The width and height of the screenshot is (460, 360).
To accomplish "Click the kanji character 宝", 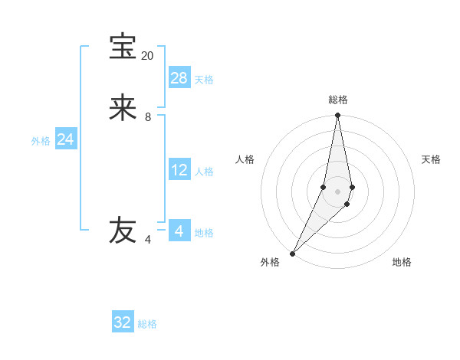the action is click(123, 47).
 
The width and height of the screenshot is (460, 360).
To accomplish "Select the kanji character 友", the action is click(123, 231).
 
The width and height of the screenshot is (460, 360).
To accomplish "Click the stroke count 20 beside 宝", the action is click(147, 56).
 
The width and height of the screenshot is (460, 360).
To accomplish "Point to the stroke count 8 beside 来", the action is click(148, 117).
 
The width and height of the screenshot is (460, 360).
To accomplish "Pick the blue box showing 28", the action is click(179, 78).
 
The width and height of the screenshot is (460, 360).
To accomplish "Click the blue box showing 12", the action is click(179, 170).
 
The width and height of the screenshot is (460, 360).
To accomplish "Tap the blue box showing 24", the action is click(65, 139).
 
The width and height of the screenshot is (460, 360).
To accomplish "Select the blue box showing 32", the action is click(123, 322).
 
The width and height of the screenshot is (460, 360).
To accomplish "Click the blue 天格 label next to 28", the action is click(204, 80).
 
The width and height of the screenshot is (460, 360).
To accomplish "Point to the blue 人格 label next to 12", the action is click(205, 172).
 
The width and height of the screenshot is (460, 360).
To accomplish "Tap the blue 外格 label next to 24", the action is click(41, 141).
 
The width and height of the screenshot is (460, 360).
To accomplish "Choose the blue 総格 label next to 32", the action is click(147, 324).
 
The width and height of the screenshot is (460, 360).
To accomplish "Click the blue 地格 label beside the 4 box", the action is click(204, 233).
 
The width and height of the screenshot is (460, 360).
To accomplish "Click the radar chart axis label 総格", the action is click(338, 100).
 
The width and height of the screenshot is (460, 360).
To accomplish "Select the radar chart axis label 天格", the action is click(431, 159).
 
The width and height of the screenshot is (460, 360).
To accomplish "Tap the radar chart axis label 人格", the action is click(245, 159).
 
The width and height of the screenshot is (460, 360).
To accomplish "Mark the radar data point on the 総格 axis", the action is click(337, 116).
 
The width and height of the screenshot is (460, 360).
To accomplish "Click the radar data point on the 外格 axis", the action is click(292, 253).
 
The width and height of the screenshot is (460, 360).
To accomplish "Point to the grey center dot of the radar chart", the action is click(337, 191).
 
